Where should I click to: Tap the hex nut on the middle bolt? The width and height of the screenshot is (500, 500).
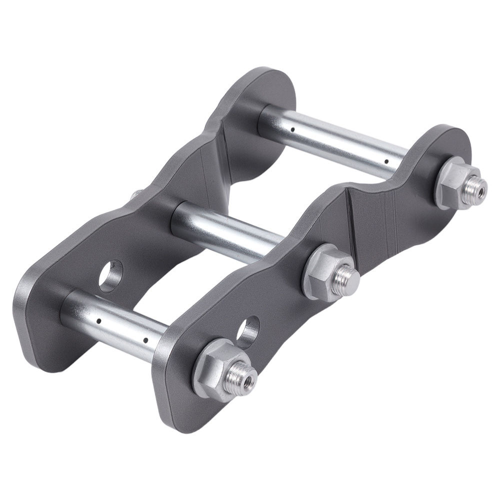pos(324,270)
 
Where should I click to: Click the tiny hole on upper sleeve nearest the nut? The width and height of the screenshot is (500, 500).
pos(386,161)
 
